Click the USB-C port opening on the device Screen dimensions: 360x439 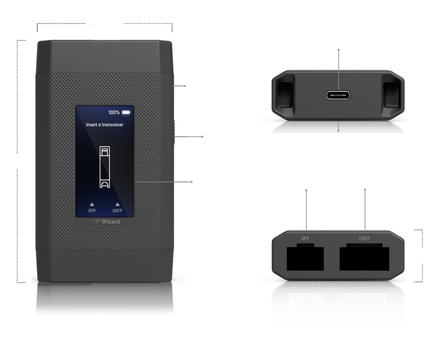pyautogui.click(x=339, y=95)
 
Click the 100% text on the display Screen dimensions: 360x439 pyautogui.click(x=114, y=113)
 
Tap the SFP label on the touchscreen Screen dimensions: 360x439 pyautogui.click(x=92, y=210)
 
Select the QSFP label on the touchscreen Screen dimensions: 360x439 pyautogui.click(x=117, y=210)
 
